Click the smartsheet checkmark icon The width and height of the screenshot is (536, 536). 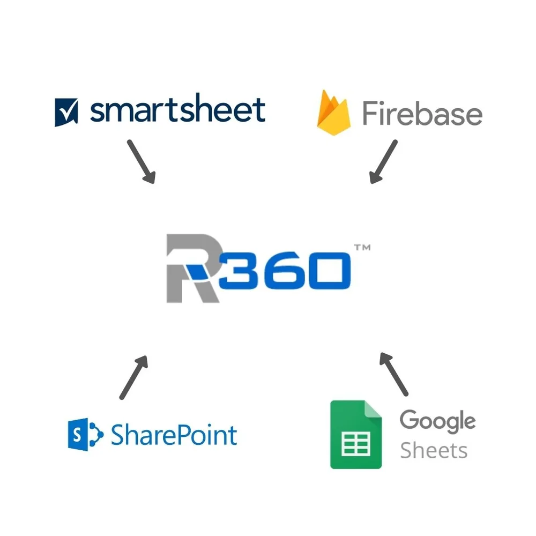click(x=66, y=112)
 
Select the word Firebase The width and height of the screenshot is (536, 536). click(x=422, y=114)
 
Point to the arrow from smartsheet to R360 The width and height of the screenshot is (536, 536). click(x=141, y=161)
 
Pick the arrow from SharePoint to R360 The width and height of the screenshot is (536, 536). click(x=133, y=377)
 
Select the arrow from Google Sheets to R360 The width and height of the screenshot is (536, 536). click(x=394, y=374)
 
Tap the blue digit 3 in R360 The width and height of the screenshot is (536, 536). click(x=239, y=269)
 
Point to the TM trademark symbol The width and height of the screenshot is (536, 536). click(x=362, y=248)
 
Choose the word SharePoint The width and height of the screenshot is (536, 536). click(x=174, y=435)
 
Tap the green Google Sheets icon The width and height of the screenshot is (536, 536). click(x=356, y=435)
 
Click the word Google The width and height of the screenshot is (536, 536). click(x=437, y=421)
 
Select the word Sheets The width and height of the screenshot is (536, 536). click(x=434, y=450)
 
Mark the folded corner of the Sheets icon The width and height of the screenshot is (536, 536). click(x=373, y=410)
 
